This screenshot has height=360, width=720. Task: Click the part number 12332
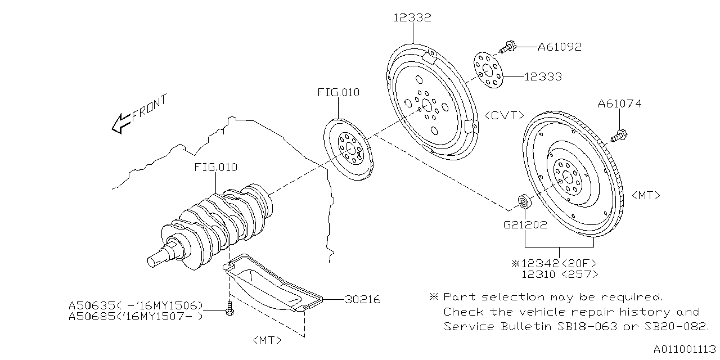412,18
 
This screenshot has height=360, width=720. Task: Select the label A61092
559,47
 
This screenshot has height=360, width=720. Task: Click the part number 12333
543,76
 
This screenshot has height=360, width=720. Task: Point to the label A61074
619,103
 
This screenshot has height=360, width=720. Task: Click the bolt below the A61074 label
620,135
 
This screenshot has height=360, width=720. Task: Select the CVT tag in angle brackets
504,115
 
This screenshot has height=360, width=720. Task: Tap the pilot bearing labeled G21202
524,201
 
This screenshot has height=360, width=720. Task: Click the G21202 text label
524,224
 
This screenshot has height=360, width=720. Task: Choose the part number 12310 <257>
559,274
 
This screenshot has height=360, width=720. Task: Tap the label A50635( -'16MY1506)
136,305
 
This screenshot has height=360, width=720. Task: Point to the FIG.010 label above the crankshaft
215,167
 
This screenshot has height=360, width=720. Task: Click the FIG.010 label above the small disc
338,92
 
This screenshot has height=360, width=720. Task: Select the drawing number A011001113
683,349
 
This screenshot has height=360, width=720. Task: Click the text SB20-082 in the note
680,327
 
